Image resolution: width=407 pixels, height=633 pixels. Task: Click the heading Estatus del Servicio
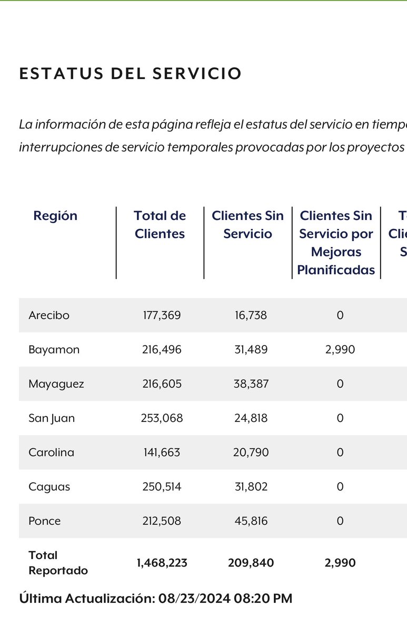[x=130, y=73]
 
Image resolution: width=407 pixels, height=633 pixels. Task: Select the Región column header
[x=55, y=216]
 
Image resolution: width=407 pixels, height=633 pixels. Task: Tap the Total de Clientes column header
[x=160, y=225]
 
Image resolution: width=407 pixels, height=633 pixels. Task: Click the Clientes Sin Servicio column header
[x=247, y=225]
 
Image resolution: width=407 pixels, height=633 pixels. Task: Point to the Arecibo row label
[x=49, y=315]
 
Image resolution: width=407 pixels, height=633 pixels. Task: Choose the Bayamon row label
[x=54, y=350]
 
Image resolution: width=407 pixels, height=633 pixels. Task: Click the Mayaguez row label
[x=56, y=384]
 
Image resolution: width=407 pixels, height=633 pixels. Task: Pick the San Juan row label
[x=52, y=418]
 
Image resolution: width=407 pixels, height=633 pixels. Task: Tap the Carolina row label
[x=51, y=453]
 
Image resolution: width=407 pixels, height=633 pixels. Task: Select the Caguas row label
[x=49, y=487]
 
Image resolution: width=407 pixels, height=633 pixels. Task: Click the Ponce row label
[x=45, y=521]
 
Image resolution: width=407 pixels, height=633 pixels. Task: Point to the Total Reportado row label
[x=58, y=563]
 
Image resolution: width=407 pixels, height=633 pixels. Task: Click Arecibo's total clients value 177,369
[x=162, y=315]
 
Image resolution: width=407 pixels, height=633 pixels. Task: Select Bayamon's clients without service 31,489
[x=251, y=350]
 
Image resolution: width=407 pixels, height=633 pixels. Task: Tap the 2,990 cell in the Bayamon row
[x=340, y=350]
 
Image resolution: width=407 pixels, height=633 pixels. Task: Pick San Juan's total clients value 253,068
[x=162, y=418]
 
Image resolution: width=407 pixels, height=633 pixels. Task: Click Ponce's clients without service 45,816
[x=251, y=521]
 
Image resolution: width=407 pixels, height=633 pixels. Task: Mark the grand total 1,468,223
[x=162, y=563]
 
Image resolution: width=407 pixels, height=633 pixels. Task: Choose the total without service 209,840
[x=251, y=563]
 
